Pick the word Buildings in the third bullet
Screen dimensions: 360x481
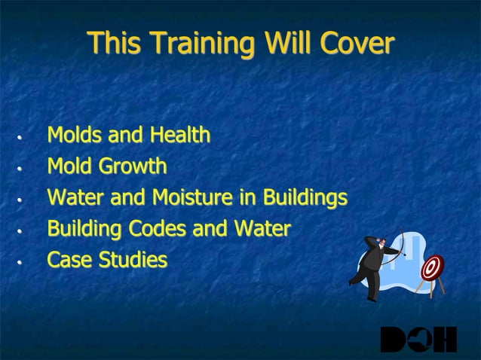pyautogui.click(x=304, y=198)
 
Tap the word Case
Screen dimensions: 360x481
pyautogui.click(x=66, y=260)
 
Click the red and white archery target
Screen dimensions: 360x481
pyautogui.click(x=431, y=268)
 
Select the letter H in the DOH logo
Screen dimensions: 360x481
pyautogui.click(x=446, y=340)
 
